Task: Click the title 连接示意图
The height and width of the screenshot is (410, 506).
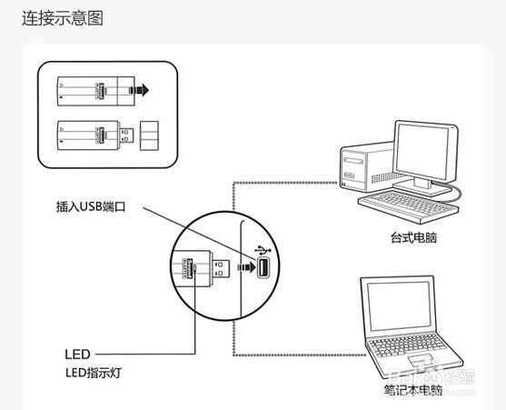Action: coord(63,18)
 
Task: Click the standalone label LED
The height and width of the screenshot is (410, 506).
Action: coord(76,353)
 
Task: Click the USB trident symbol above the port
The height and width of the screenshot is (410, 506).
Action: coord(263,246)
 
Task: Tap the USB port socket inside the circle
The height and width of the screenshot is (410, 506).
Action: coord(263,269)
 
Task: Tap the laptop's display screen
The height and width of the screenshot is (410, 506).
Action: coord(409,309)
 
